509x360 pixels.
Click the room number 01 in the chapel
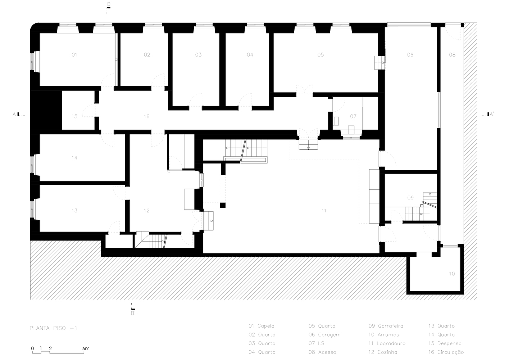74,55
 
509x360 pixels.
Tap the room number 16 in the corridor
146,116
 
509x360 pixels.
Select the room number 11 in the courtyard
324,211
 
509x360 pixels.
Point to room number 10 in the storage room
452,274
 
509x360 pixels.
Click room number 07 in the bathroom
353,116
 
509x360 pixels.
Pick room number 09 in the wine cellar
410,198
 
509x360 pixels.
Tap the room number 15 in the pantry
74,116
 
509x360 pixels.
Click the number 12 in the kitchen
146,211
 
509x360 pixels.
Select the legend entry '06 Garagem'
324,334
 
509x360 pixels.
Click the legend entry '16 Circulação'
446,352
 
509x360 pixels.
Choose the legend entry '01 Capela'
261,326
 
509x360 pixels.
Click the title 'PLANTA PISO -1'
53,328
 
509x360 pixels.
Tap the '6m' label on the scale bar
86,348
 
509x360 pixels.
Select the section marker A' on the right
491,114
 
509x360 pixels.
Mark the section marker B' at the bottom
133,313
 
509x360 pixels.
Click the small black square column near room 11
223,205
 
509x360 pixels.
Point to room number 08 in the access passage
452,55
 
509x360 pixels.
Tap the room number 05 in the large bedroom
321,55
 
